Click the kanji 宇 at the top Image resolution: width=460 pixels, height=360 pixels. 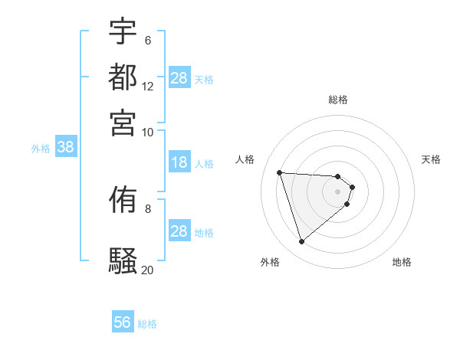click(x=123, y=31)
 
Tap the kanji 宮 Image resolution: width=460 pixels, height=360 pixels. click(x=123, y=122)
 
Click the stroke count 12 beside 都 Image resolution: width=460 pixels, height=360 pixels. click(x=148, y=87)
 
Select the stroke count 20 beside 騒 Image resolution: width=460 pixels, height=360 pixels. click(x=148, y=270)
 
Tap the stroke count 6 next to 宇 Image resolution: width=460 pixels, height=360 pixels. click(x=148, y=40)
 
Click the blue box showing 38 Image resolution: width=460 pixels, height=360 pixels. click(x=65, y=148)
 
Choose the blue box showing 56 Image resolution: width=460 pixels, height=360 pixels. click(x=123, y=322)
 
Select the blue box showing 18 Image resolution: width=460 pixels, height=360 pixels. click(x=179, y=162)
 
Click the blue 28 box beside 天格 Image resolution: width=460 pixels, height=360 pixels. click(x=179, y=78)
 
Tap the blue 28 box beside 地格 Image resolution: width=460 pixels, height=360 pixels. click(x=179, y=231)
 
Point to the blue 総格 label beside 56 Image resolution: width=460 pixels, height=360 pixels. click(x=147, y=324)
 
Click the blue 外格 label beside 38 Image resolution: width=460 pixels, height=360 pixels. click(x=41, y=149)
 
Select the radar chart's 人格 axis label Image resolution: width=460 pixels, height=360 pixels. click(x=245, y=159)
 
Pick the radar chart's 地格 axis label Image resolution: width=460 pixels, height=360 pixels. click(x=402, y=262)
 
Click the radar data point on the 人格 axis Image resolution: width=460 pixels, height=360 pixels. click(x=280, y=172)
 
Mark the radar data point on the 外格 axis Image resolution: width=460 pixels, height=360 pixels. click(x=302, y=242)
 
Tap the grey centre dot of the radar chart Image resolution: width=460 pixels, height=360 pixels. click(x=338, y=201)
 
